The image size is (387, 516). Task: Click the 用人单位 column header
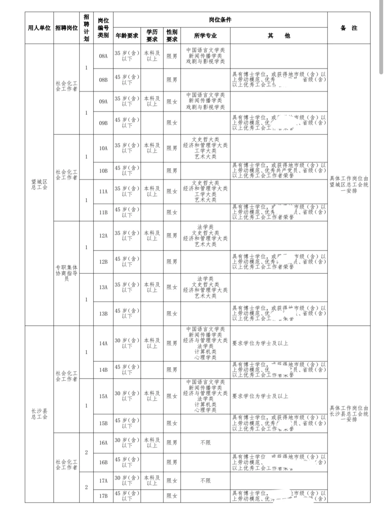39,28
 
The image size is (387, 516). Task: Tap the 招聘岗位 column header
67,28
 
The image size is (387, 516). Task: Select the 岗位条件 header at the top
220,20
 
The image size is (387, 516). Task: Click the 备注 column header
349,28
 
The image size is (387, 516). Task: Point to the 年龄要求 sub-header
127,36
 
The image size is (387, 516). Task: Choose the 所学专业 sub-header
205,36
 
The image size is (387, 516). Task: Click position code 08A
103,56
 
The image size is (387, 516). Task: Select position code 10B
103,171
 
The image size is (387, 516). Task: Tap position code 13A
103,287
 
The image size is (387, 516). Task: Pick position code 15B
103,423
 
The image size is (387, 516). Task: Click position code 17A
103,481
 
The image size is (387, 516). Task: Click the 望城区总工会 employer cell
39,185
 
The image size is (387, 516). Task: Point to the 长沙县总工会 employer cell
39,414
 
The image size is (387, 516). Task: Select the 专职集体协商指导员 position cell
67,273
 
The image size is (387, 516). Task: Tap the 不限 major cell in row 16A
205,443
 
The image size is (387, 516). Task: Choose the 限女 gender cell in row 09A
172,102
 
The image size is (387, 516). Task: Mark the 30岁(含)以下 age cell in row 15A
127,396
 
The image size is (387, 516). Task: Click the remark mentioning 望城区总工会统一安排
349,185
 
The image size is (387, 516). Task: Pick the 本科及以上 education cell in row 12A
152,235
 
